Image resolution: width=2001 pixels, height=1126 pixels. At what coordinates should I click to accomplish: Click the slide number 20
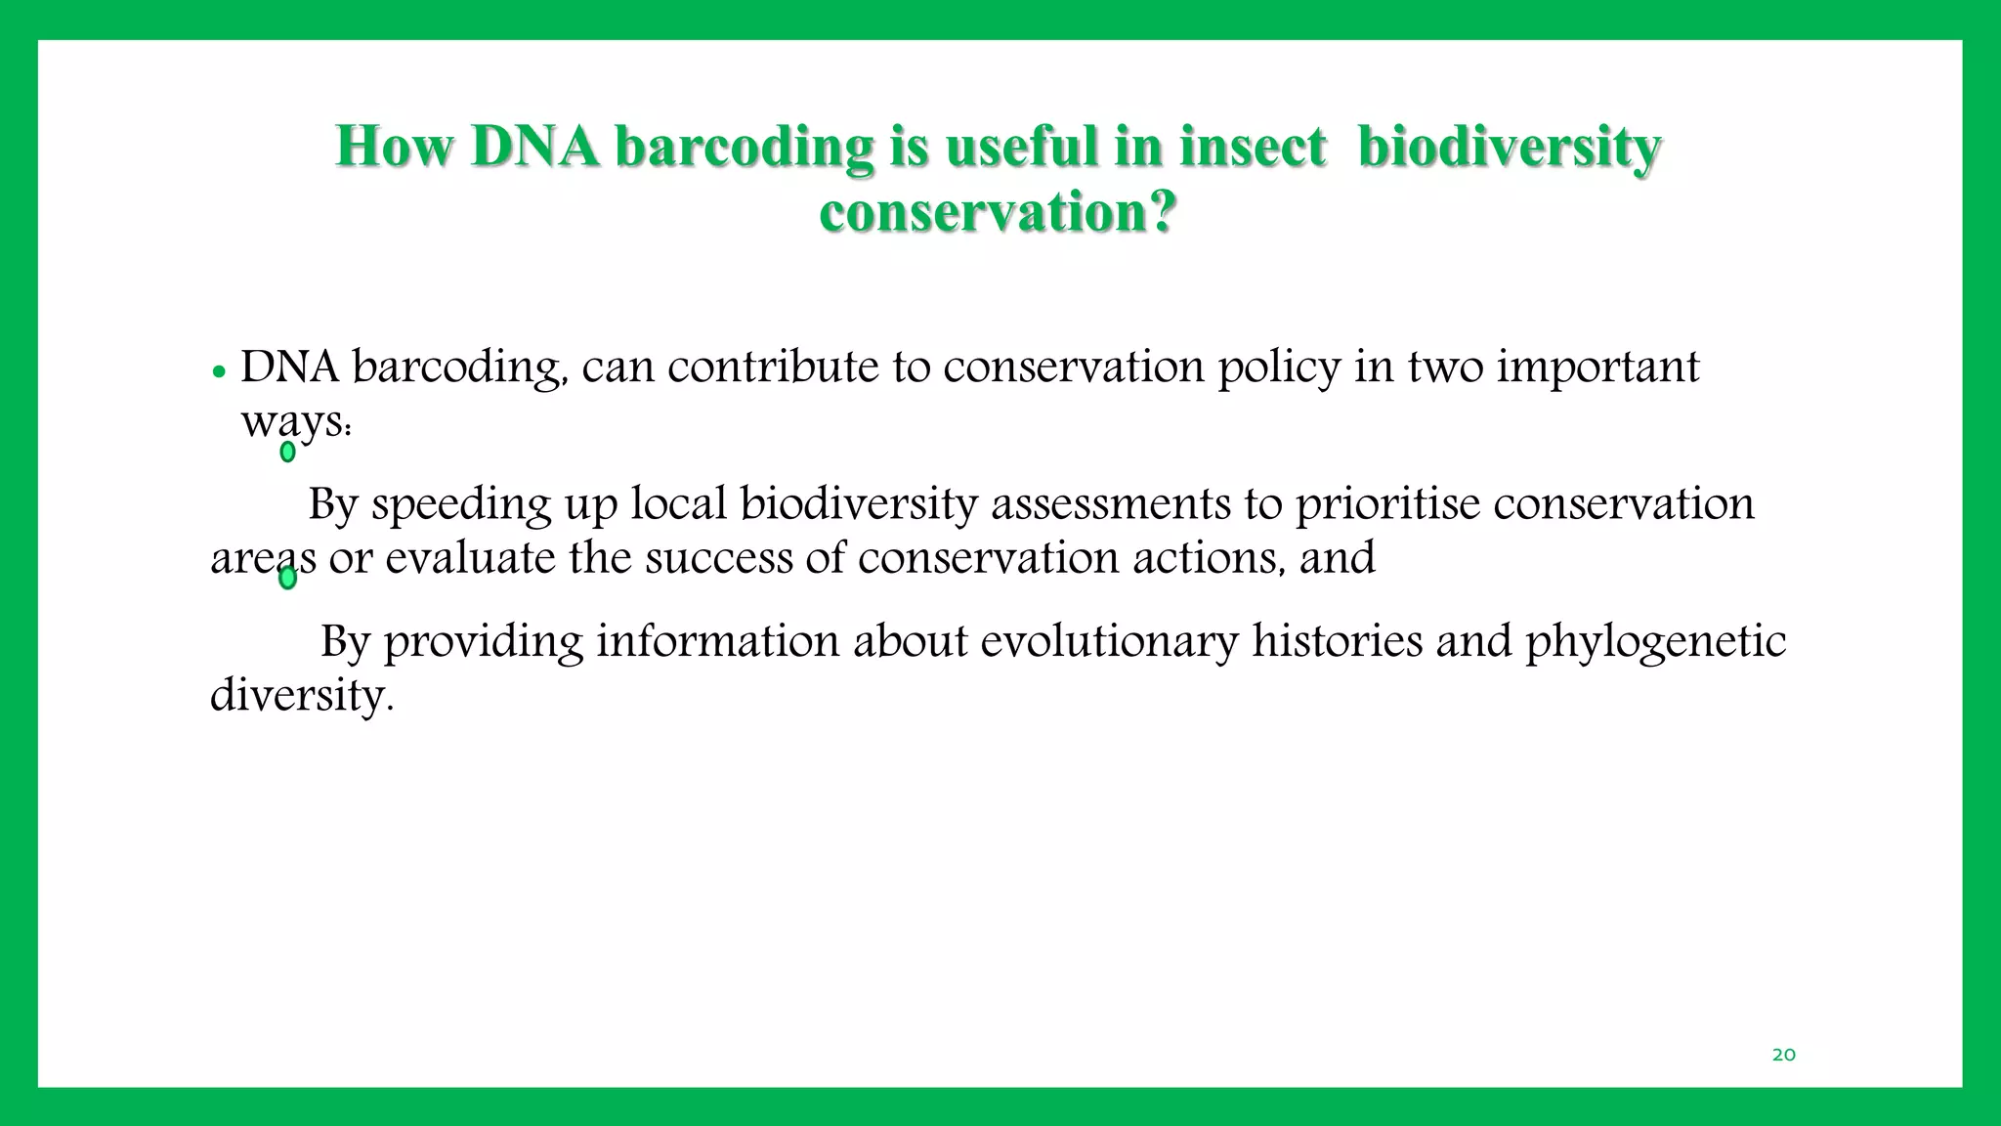coord(1783,1055)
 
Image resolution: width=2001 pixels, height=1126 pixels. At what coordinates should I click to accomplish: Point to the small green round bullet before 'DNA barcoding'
coord(219,372)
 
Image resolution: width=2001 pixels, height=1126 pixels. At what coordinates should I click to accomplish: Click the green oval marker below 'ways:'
coord(287,452)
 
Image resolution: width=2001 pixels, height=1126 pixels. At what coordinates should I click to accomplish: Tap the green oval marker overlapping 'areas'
coord(287,579)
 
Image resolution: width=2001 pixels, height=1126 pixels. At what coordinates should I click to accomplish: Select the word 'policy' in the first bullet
coord(1279,368)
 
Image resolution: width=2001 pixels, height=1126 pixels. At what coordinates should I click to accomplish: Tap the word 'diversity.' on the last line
coord(302,695)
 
